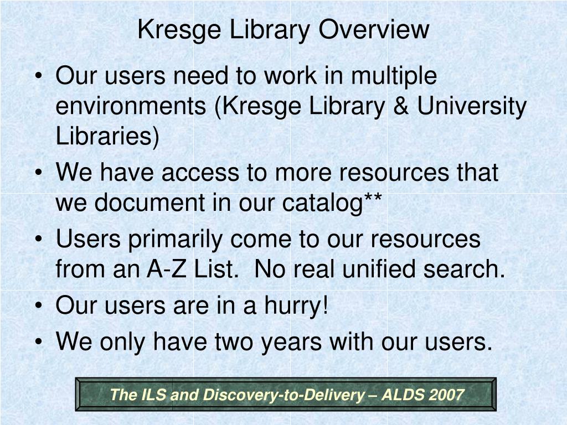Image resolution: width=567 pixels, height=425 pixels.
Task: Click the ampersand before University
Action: point(401,106)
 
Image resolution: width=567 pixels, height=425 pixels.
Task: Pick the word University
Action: point(472,106)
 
